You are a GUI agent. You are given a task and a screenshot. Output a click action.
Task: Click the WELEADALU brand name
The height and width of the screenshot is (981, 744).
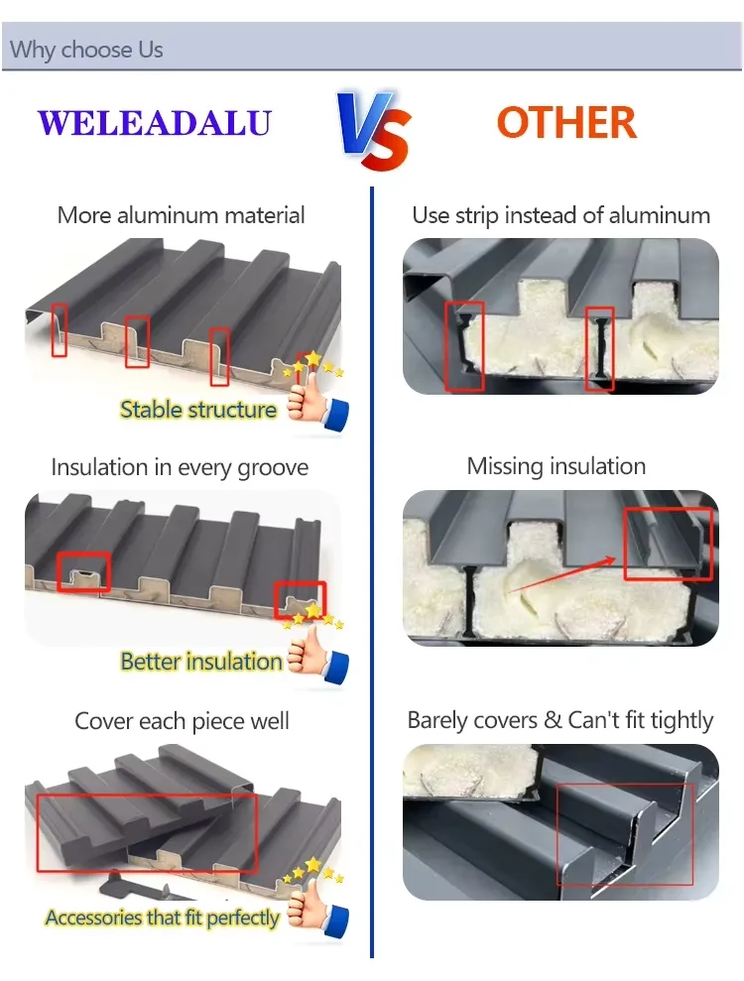pos(155,123)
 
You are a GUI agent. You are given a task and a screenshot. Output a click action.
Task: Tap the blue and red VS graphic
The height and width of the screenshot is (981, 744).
pos(374,130)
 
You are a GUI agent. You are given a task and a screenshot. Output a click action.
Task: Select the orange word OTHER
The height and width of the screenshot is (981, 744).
pos(566,123)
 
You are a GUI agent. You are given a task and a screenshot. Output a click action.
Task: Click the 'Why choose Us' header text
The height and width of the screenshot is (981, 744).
pos(86,50)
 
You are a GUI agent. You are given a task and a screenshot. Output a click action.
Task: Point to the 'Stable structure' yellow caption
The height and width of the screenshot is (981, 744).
pos(197,410)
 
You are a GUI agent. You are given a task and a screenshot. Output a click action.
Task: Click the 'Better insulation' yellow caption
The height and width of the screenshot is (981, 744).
pos(200,662)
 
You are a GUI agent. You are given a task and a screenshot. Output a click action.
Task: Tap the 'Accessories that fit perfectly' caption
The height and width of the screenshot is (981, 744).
pos(162,918)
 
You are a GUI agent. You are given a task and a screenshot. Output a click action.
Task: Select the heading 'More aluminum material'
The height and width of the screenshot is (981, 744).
pos(181,215)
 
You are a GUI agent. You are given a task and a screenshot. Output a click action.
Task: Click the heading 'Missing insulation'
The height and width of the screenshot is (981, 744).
pos(557,466)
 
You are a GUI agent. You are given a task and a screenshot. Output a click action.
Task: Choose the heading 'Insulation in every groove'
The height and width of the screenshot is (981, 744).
pos(180,467)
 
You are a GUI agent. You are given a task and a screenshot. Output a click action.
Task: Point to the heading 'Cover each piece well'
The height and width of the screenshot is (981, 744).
pos(183,721)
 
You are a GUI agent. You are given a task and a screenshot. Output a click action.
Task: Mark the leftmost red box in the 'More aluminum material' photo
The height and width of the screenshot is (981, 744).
pos(60,330)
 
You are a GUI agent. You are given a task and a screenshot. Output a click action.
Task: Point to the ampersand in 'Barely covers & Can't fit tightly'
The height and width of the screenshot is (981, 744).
pos(553,720)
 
